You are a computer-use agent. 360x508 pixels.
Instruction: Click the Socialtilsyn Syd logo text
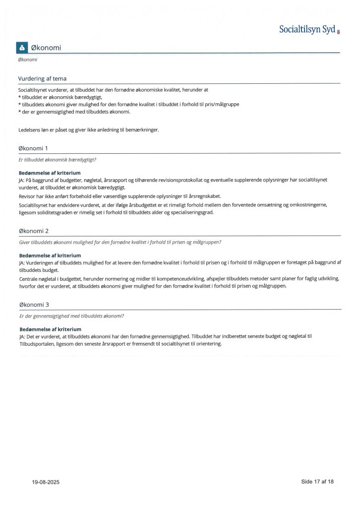(307, 30)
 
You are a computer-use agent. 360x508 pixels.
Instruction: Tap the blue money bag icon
(22, 48)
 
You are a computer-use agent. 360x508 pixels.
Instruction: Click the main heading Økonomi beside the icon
(46, 48)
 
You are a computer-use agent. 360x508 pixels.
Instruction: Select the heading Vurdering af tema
(42, 78)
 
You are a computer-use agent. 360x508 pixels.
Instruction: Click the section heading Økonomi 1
(33, 148)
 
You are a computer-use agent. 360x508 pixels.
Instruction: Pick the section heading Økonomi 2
(34, 231)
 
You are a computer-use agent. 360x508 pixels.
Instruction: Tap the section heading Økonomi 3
(34, 305)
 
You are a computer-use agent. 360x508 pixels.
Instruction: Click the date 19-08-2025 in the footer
(46, 482)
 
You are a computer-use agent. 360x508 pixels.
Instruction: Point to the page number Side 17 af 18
(317, 481)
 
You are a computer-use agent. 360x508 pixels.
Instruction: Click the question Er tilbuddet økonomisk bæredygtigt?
(58, 160)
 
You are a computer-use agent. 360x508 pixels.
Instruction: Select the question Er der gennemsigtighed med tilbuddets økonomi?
(71, 316)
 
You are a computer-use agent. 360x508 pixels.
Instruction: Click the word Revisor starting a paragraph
(27, 196)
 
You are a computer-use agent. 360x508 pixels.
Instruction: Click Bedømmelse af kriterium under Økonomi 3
(50, 329)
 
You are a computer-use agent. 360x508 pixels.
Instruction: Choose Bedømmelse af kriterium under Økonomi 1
(50, 173)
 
